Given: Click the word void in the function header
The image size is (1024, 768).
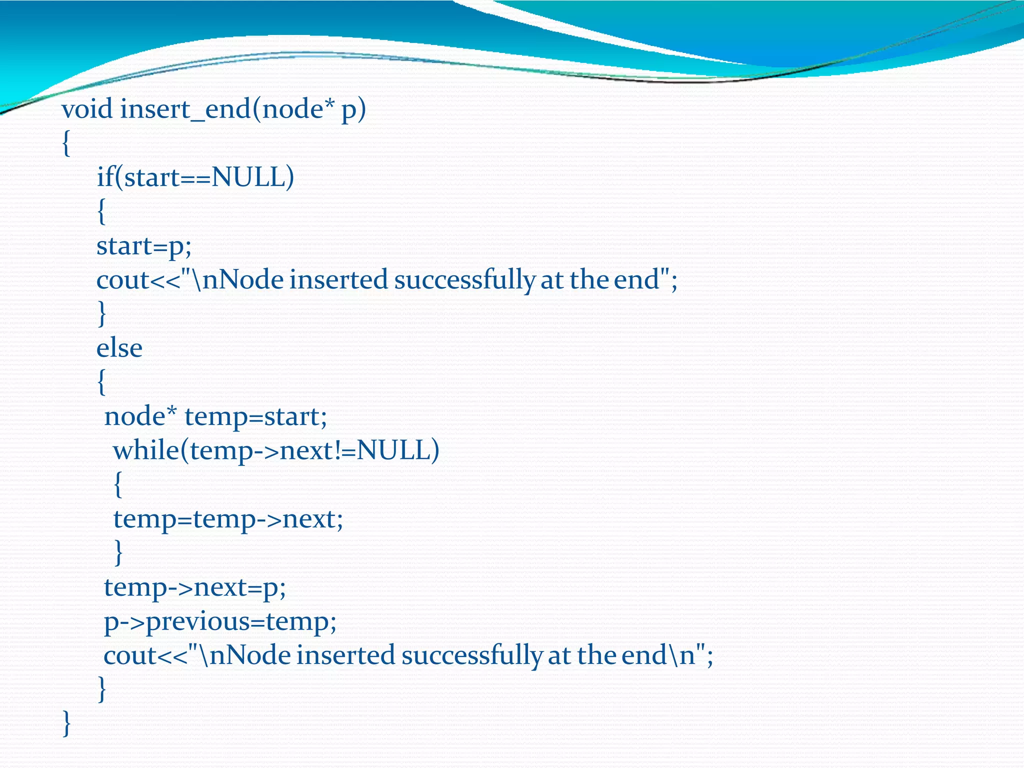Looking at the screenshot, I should pyautogui.click(x=87, y=109).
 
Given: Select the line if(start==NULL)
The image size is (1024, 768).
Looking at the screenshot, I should pyautogui.click(x=195, y=177).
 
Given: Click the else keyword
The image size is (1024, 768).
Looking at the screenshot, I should pyautogui.click(x=119, y=348).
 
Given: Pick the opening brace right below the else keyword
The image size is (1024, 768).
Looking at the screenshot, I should pyautogui.click(x=101, y=382).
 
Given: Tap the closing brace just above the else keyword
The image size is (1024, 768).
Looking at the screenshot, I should pyautogui.click(x=101, y=314).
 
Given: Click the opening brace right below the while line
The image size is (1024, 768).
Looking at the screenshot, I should pyautogui.click(x=118, y=485).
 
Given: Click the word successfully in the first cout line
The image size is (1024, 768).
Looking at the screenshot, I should pyautogui.click(x=464, y=280).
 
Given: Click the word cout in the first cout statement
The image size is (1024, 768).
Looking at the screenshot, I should pyautogui.click(x=123, y=280).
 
